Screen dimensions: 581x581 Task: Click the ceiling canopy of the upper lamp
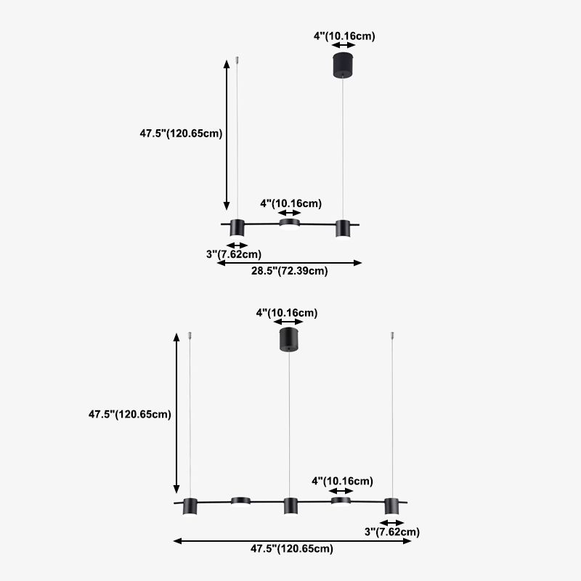(x=343, y=65)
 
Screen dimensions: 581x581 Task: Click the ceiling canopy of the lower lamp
(x=289, y=339)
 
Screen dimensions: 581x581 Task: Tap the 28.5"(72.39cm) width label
(x=289, y=271)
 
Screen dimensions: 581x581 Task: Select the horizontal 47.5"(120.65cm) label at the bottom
(x=292, y=548)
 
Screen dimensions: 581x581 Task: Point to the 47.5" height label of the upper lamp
(x=181, y=134)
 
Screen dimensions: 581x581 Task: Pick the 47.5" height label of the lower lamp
(x=130, y=414)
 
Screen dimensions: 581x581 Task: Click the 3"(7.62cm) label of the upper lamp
(x=234, y=254)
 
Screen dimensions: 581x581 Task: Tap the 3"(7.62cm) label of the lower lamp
(x=392, y=532)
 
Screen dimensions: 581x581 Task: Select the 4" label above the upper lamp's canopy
(x=344, y=36)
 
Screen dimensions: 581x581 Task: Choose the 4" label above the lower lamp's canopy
(x=287, y=313)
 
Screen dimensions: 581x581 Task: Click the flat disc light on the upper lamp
(x=289, y=224)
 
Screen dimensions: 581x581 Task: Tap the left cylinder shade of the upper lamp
(x=237, y=228)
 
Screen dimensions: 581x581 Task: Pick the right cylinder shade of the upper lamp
(x=343, y=229)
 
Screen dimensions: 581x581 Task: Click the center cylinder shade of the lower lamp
(x=290, y=506)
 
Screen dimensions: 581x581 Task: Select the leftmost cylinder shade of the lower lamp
(x=190, y=506)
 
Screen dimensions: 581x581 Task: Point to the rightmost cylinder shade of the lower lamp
(x=391, y=506)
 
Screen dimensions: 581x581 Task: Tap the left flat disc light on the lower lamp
(x=240, y=501)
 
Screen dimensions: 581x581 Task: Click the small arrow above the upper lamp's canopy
(x=344, y=45)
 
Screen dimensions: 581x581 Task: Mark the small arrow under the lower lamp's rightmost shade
(x=391, y=523)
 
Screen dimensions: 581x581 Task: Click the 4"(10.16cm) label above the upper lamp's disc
(x=291, y=203)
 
